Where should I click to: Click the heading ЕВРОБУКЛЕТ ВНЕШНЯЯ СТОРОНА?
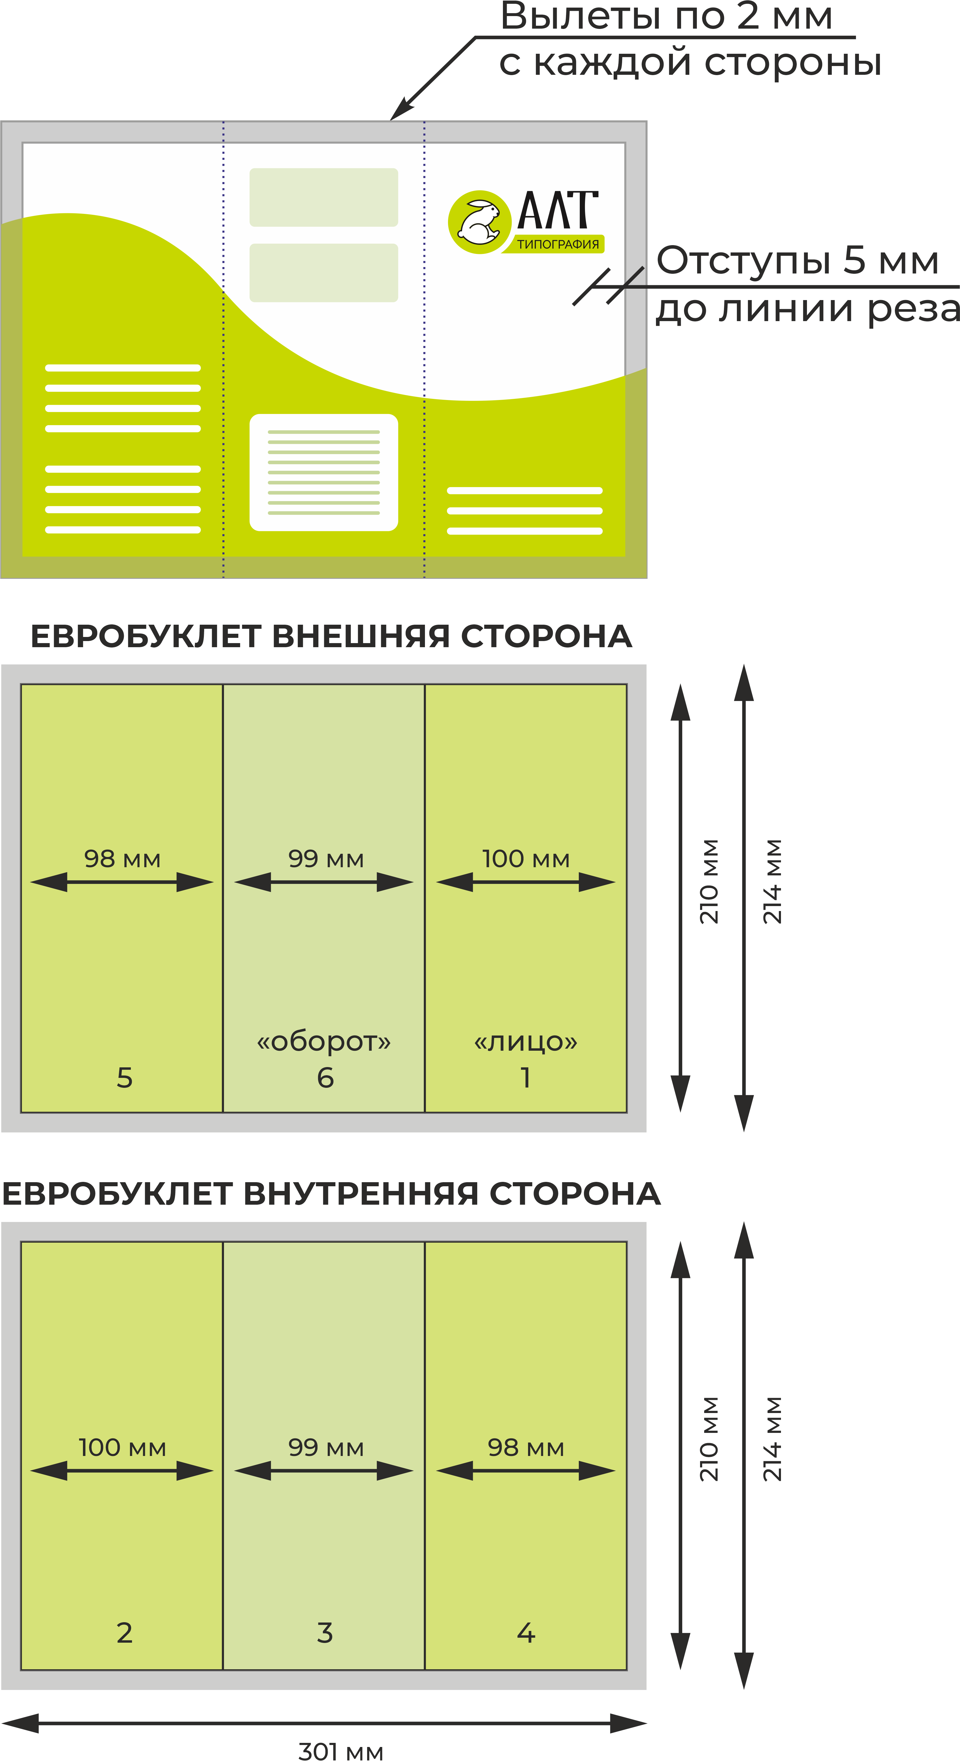331,636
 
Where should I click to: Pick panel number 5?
124,1078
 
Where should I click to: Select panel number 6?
325,1078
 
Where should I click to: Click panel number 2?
124,1633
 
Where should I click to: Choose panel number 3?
325,1633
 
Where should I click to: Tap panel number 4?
525,1633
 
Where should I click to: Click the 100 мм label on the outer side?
525,859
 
